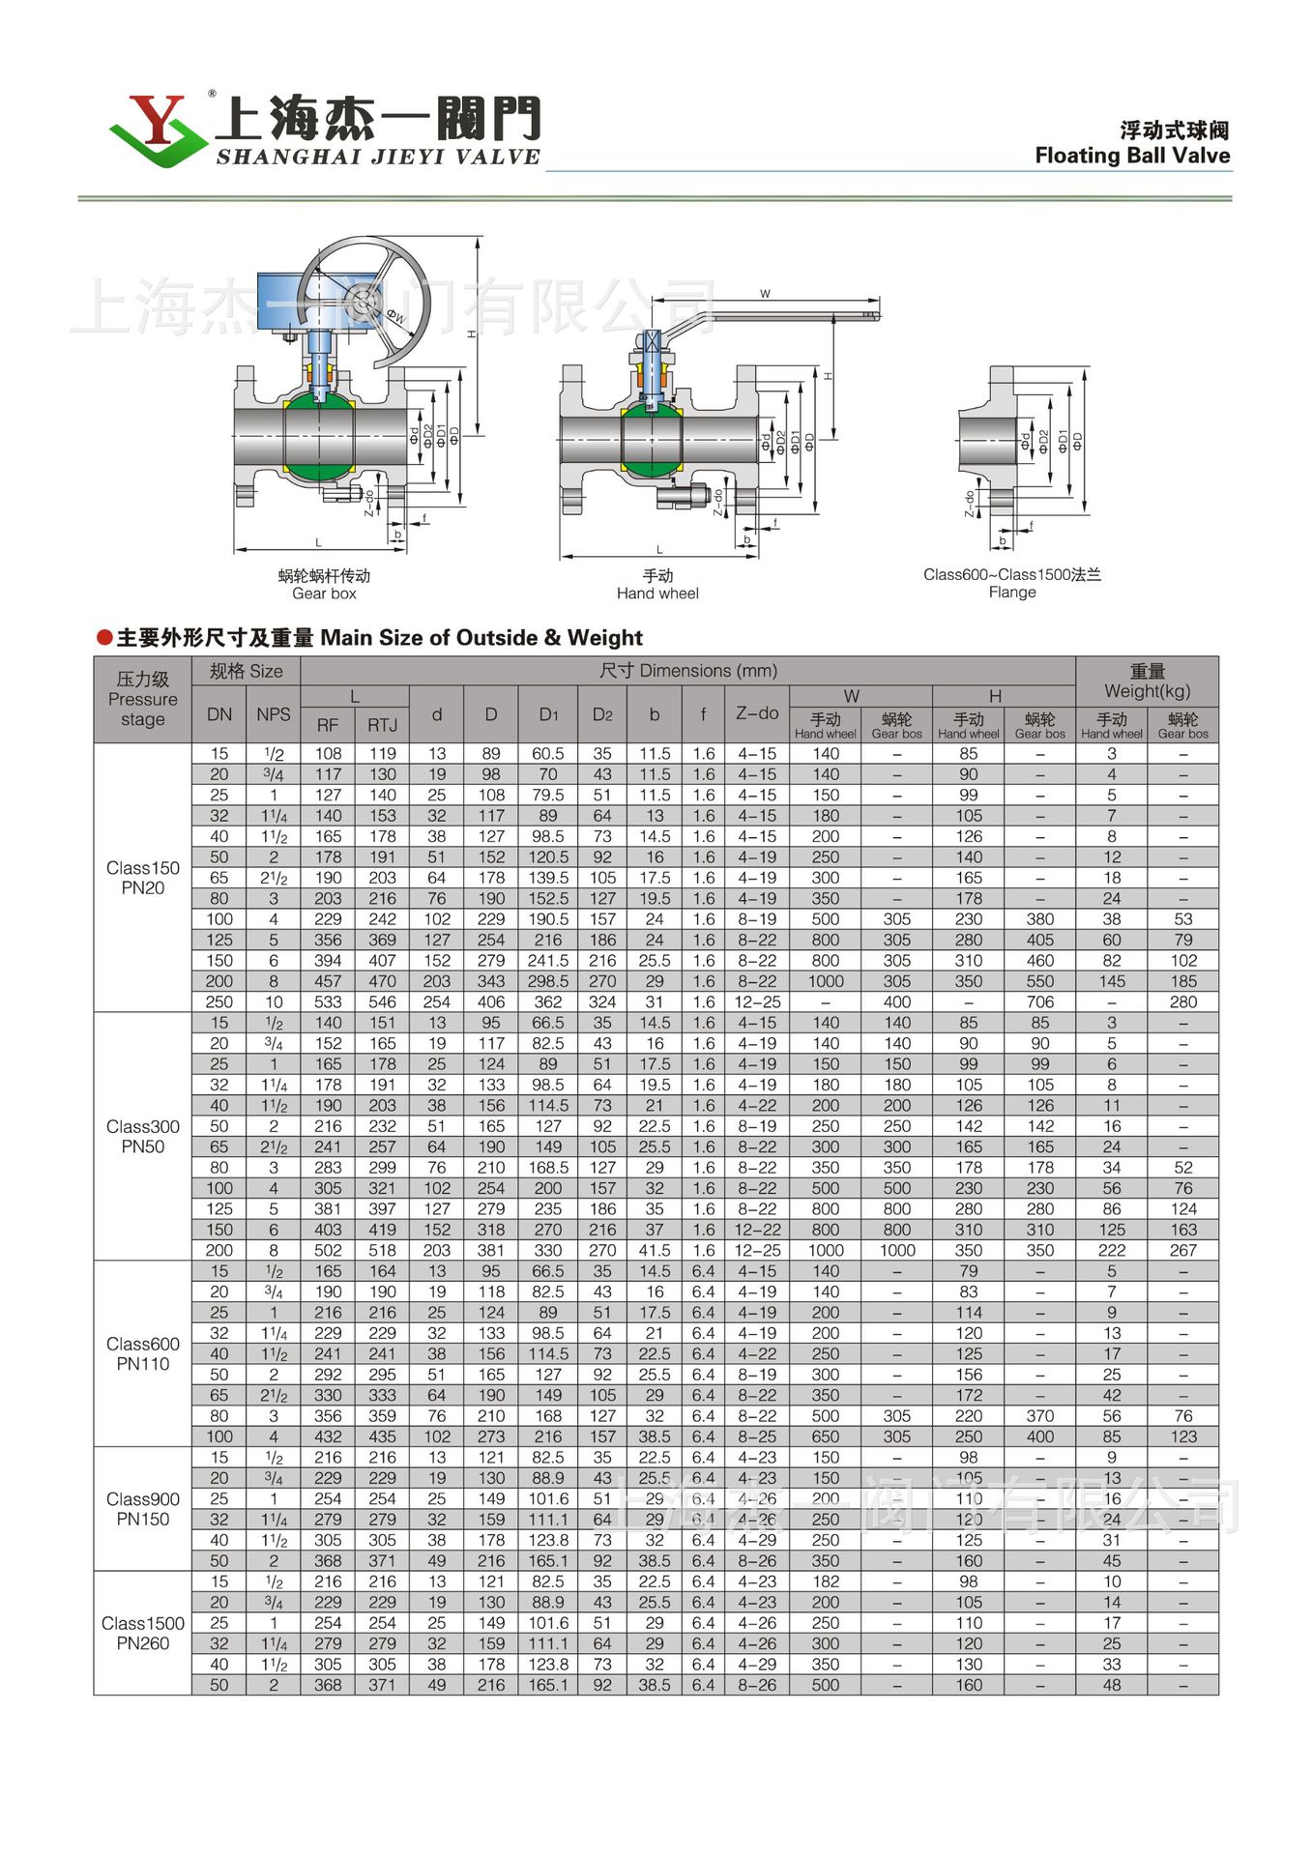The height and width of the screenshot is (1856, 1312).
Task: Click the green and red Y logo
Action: [155, 130]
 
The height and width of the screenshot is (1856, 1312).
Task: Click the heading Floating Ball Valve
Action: [1132, 156]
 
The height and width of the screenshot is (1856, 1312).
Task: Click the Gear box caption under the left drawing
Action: [324, 585]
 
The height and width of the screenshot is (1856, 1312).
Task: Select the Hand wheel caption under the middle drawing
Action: [657, 585]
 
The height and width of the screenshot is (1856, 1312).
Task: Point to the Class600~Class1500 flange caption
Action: [1011, 583]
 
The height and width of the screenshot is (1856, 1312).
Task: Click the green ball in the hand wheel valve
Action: [652, 441]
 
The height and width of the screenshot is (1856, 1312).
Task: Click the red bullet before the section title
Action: [104, 637]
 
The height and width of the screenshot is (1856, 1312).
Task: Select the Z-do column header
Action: [756, 713]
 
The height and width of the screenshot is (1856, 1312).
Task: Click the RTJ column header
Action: [382, 725]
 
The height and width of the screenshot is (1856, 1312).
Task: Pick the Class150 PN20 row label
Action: [143, 878]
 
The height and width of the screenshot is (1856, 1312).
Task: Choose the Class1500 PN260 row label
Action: [143, 1633]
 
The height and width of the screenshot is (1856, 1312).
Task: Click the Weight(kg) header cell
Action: [1147, 681]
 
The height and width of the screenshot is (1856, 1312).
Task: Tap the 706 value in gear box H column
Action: [1039, 1001]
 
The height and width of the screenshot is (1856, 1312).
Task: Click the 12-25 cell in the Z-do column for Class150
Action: [756, 1001]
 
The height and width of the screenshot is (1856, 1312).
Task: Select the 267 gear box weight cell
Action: [1182, 1250]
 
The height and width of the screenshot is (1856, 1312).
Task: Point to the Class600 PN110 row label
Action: [143, 1353]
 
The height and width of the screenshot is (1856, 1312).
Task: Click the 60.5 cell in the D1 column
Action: [547, 753]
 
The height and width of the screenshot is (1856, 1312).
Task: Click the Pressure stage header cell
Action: [143, 699]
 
